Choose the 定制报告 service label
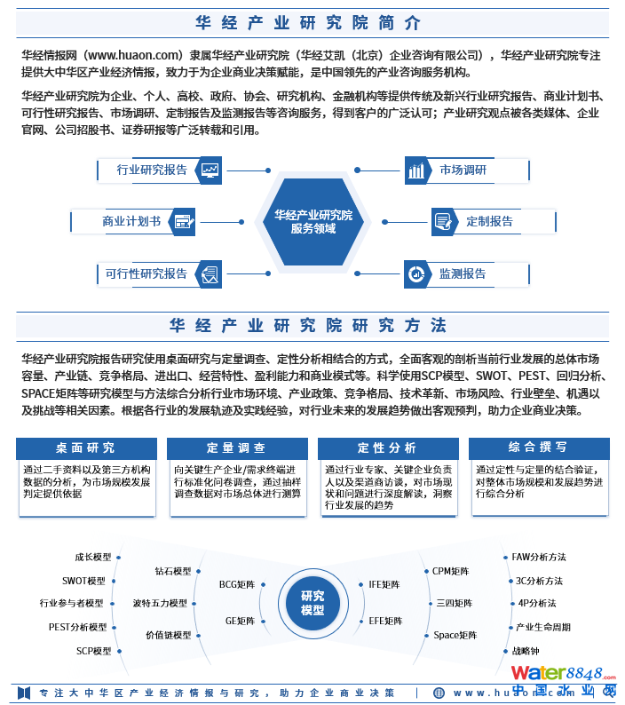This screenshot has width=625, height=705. coord(489,221)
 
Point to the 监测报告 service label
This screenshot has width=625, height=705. coord(463,273)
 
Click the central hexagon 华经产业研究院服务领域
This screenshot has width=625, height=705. coord(312,222)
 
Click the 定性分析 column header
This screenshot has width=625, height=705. coord(387,448)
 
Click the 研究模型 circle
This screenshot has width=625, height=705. coord(312,603)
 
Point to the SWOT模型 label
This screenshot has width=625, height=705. coord(83,581)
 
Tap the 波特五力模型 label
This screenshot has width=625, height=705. coord(160,603)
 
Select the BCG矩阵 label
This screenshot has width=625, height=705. coord(237,585)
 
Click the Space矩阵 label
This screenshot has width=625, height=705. coord(455,636)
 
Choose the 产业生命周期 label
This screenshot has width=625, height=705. coord(543,627)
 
